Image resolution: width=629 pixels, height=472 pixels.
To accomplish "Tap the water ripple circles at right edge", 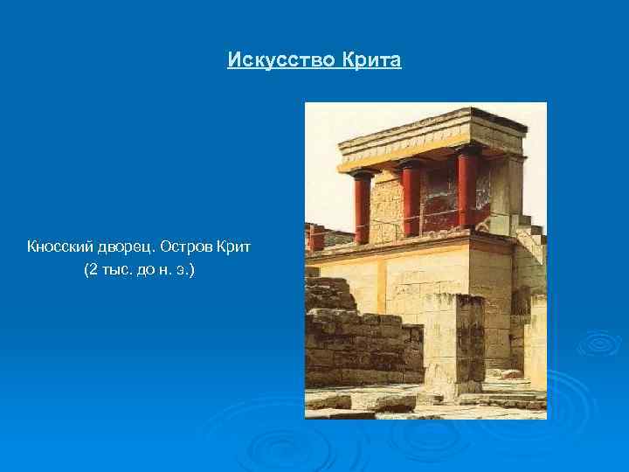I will pos(600,343).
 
